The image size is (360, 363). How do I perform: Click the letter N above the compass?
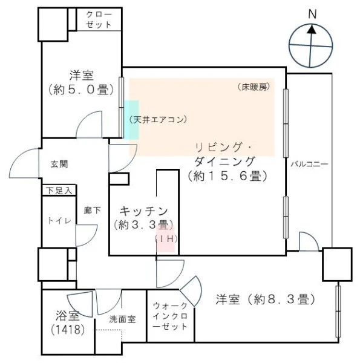312,15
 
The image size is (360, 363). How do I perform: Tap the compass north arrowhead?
313,30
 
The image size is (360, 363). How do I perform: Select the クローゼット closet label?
99,19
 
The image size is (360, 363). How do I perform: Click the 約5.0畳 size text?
81,90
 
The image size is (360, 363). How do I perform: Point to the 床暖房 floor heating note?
254,87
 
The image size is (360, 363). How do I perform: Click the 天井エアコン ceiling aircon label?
159,119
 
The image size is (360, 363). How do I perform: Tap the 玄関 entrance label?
59,164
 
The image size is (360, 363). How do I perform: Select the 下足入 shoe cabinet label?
59,191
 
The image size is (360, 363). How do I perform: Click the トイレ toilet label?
59,221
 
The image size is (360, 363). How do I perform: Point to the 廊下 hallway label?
92,210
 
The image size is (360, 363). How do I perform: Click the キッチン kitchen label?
144,211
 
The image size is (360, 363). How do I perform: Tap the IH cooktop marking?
166,239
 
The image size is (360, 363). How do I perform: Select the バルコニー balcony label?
309,164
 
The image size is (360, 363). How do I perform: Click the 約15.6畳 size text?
227,176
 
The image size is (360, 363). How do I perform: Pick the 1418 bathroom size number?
68,330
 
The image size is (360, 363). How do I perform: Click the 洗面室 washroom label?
122,319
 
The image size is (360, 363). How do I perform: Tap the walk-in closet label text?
171,316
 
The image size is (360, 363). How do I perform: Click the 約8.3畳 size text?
266,299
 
